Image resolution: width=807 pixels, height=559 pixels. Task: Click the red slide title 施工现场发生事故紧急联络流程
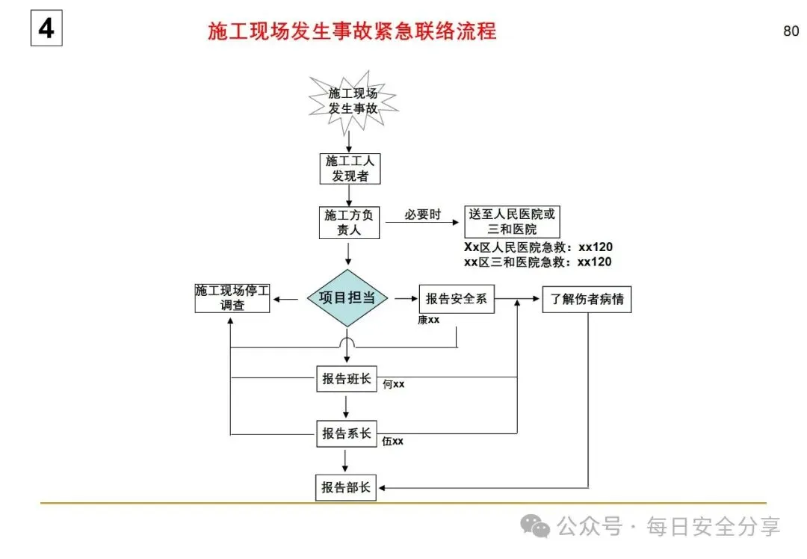352,31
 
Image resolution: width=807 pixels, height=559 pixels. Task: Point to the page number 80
791,31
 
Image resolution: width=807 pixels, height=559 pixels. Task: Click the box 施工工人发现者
350,169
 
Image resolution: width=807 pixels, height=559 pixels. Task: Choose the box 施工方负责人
349,223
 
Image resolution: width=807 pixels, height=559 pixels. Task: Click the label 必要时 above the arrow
423,214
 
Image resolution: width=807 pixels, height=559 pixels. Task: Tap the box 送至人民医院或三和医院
512,221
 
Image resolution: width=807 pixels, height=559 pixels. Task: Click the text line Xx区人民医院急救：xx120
538,247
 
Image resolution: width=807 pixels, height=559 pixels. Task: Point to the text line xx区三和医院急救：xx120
538,262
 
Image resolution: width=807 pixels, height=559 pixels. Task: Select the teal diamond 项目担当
348,298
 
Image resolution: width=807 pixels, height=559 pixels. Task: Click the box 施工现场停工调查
232,298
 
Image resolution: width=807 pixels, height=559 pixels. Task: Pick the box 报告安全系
457,299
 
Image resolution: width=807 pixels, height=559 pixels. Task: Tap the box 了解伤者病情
587,299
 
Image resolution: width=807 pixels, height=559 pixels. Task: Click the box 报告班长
347,379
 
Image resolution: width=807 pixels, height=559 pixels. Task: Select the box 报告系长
347,433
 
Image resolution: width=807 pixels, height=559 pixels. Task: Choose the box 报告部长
347,488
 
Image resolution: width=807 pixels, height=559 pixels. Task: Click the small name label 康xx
429,321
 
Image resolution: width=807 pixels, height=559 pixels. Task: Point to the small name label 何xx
394,385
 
